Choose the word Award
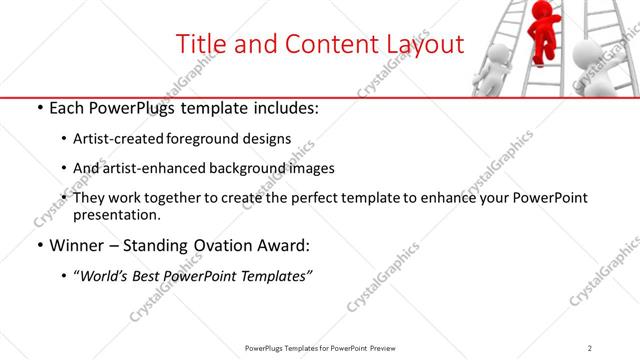297,244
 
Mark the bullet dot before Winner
39,245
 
